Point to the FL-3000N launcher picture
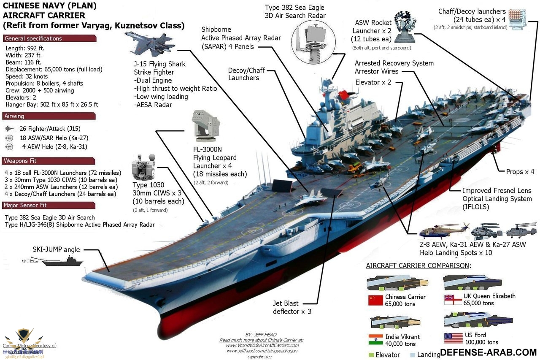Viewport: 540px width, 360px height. point(205,126)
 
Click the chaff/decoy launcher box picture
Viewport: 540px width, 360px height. point(518,19)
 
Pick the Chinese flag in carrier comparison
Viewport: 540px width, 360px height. point(375,300)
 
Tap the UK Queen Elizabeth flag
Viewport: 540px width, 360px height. point(453,300)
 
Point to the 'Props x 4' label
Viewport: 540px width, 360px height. point(520,172)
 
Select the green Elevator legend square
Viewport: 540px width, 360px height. point(371,355)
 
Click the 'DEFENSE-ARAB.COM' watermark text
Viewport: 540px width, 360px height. point(488,352)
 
